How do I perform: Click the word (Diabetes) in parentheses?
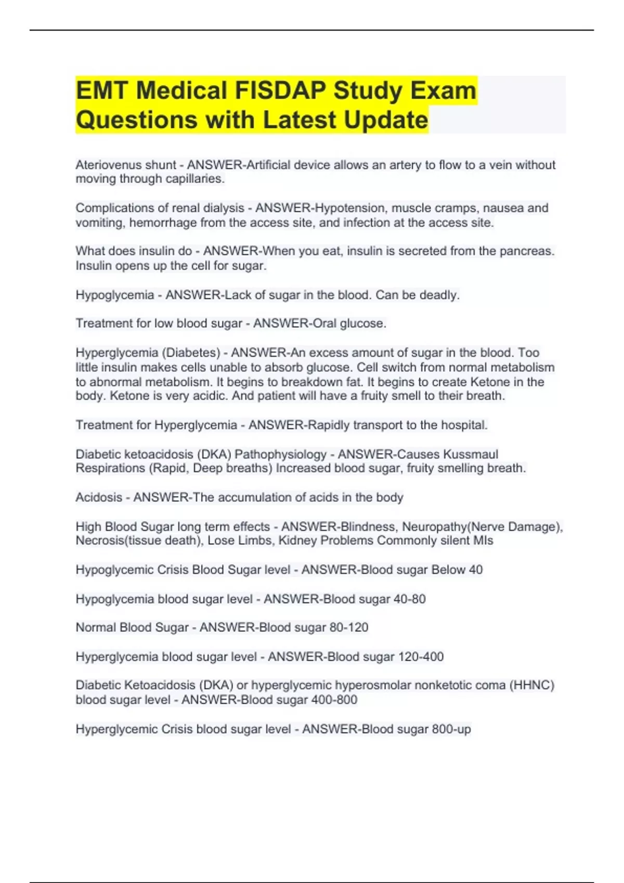pos(191,353)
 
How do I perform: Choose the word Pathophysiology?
pos(280,454)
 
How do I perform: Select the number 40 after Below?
pos(475,570)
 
